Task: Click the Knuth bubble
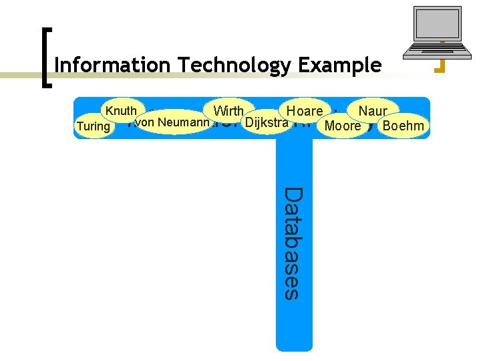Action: click(120, 111)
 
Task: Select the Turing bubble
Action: click(94, 126)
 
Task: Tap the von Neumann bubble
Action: click(173, 122)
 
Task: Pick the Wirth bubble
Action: click(228, 110)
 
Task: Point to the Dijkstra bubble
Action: click(267, 122)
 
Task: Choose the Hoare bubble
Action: click(304, 111)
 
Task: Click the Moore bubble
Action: click(342, 126)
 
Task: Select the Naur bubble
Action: click(372, 110)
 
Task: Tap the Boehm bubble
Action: click(402, 126)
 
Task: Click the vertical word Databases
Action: click(293, 243)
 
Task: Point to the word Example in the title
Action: click(340, 66)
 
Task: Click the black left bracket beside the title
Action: click(45, 57)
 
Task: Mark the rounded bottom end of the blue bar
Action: click(294, 344)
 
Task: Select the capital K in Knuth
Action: click(107, 111)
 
